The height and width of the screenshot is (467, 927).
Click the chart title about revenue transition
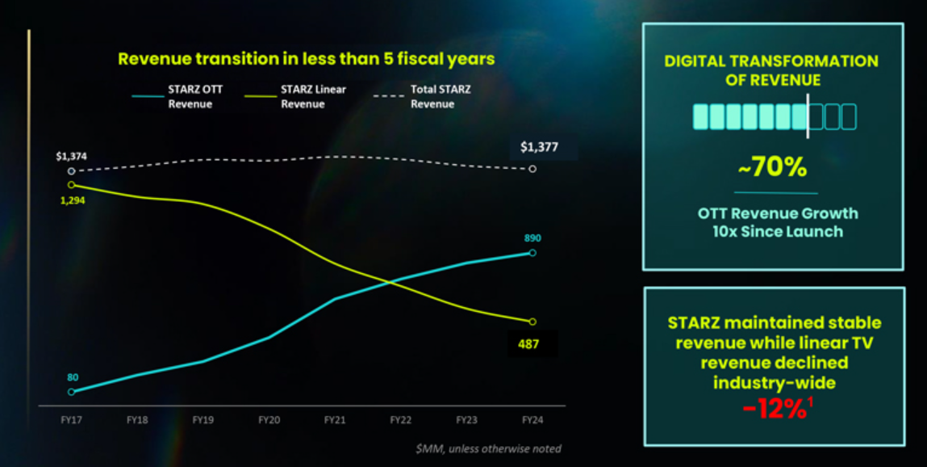pos(307,59)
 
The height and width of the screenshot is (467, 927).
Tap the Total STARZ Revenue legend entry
pos(422,96)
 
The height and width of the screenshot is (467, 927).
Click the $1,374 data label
pos(71,157)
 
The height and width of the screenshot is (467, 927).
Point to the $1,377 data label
pos(539,147)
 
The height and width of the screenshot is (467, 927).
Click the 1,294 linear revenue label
pos(73,200)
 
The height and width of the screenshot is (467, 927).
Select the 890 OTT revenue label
pos(532,238)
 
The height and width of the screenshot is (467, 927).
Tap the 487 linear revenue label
pos(528,343)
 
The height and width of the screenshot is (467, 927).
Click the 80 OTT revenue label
pos(73,377)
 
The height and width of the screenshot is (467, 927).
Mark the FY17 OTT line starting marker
pos(72,392)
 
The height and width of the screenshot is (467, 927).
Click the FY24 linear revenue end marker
pos(532,322)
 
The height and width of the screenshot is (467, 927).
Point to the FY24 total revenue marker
pos(532,169)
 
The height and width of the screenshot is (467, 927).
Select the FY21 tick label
pos(335,419)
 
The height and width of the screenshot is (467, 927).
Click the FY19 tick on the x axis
pos(203,419)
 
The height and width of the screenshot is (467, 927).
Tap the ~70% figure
pos(773,167)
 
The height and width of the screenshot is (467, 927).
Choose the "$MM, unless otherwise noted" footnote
pos(488,448)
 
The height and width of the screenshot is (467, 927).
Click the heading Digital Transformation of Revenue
pos(771,69)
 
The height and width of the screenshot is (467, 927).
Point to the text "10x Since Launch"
pos(778,231)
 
